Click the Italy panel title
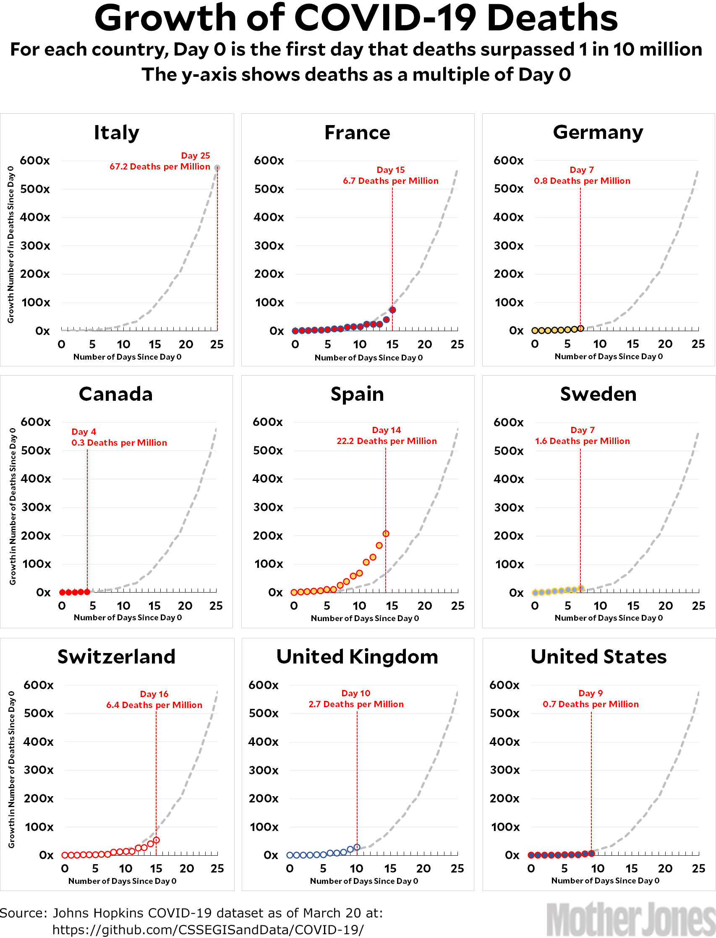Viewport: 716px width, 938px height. coord(116,133)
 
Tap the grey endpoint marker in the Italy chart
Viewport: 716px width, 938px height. coord(217,168)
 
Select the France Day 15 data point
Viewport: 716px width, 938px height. coord(392,310)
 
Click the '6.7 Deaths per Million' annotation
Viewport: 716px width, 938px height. coord(390,181)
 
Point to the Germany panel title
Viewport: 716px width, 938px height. coord(598,133)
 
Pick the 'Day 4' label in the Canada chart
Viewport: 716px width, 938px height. coord(84,432)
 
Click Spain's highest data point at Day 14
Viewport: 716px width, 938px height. coord(386,533)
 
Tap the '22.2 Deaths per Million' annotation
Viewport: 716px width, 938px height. coord(387,441)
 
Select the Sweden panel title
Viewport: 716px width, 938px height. coord(598,394)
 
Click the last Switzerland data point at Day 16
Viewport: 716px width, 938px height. coord(157,840)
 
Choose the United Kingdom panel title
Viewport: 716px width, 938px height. coord(357,657)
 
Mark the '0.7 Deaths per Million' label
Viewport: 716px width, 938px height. coord(590,704)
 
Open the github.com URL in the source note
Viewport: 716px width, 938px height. coord(208,930)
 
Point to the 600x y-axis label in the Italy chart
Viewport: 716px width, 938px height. coord(35,161)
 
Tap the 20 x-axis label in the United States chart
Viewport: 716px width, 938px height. coord(665,868)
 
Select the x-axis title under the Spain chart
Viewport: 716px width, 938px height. coord(365,618)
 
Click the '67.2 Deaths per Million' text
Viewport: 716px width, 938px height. coord(160,167)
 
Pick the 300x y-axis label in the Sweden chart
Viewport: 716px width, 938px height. coord(509,507)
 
